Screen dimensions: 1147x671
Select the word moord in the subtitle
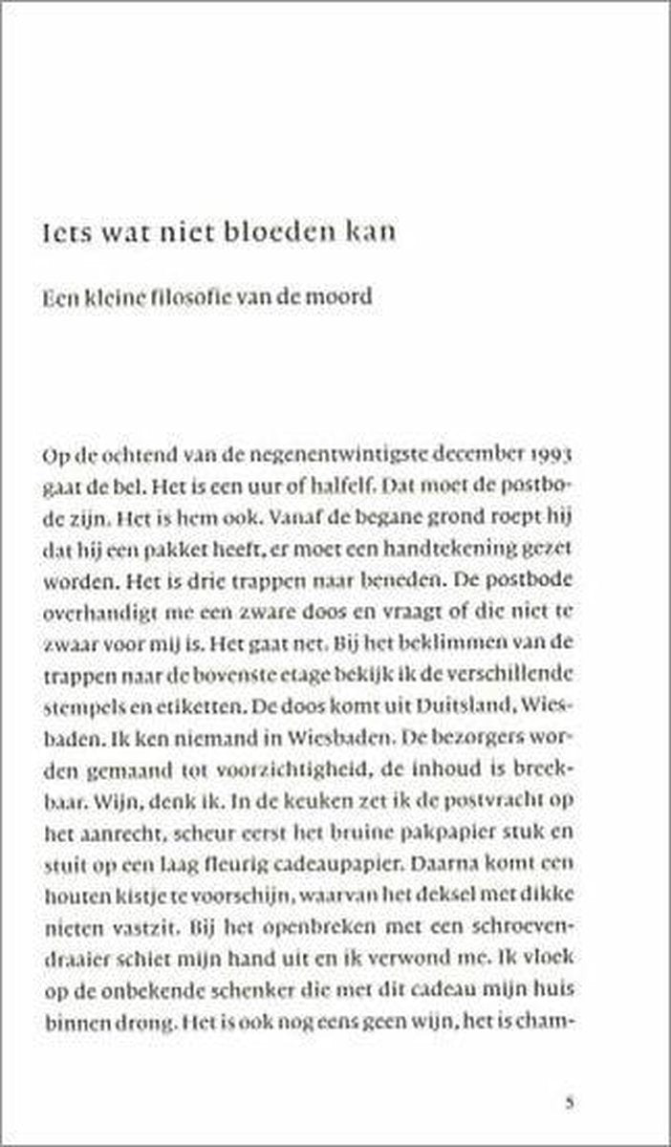point(343,297)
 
